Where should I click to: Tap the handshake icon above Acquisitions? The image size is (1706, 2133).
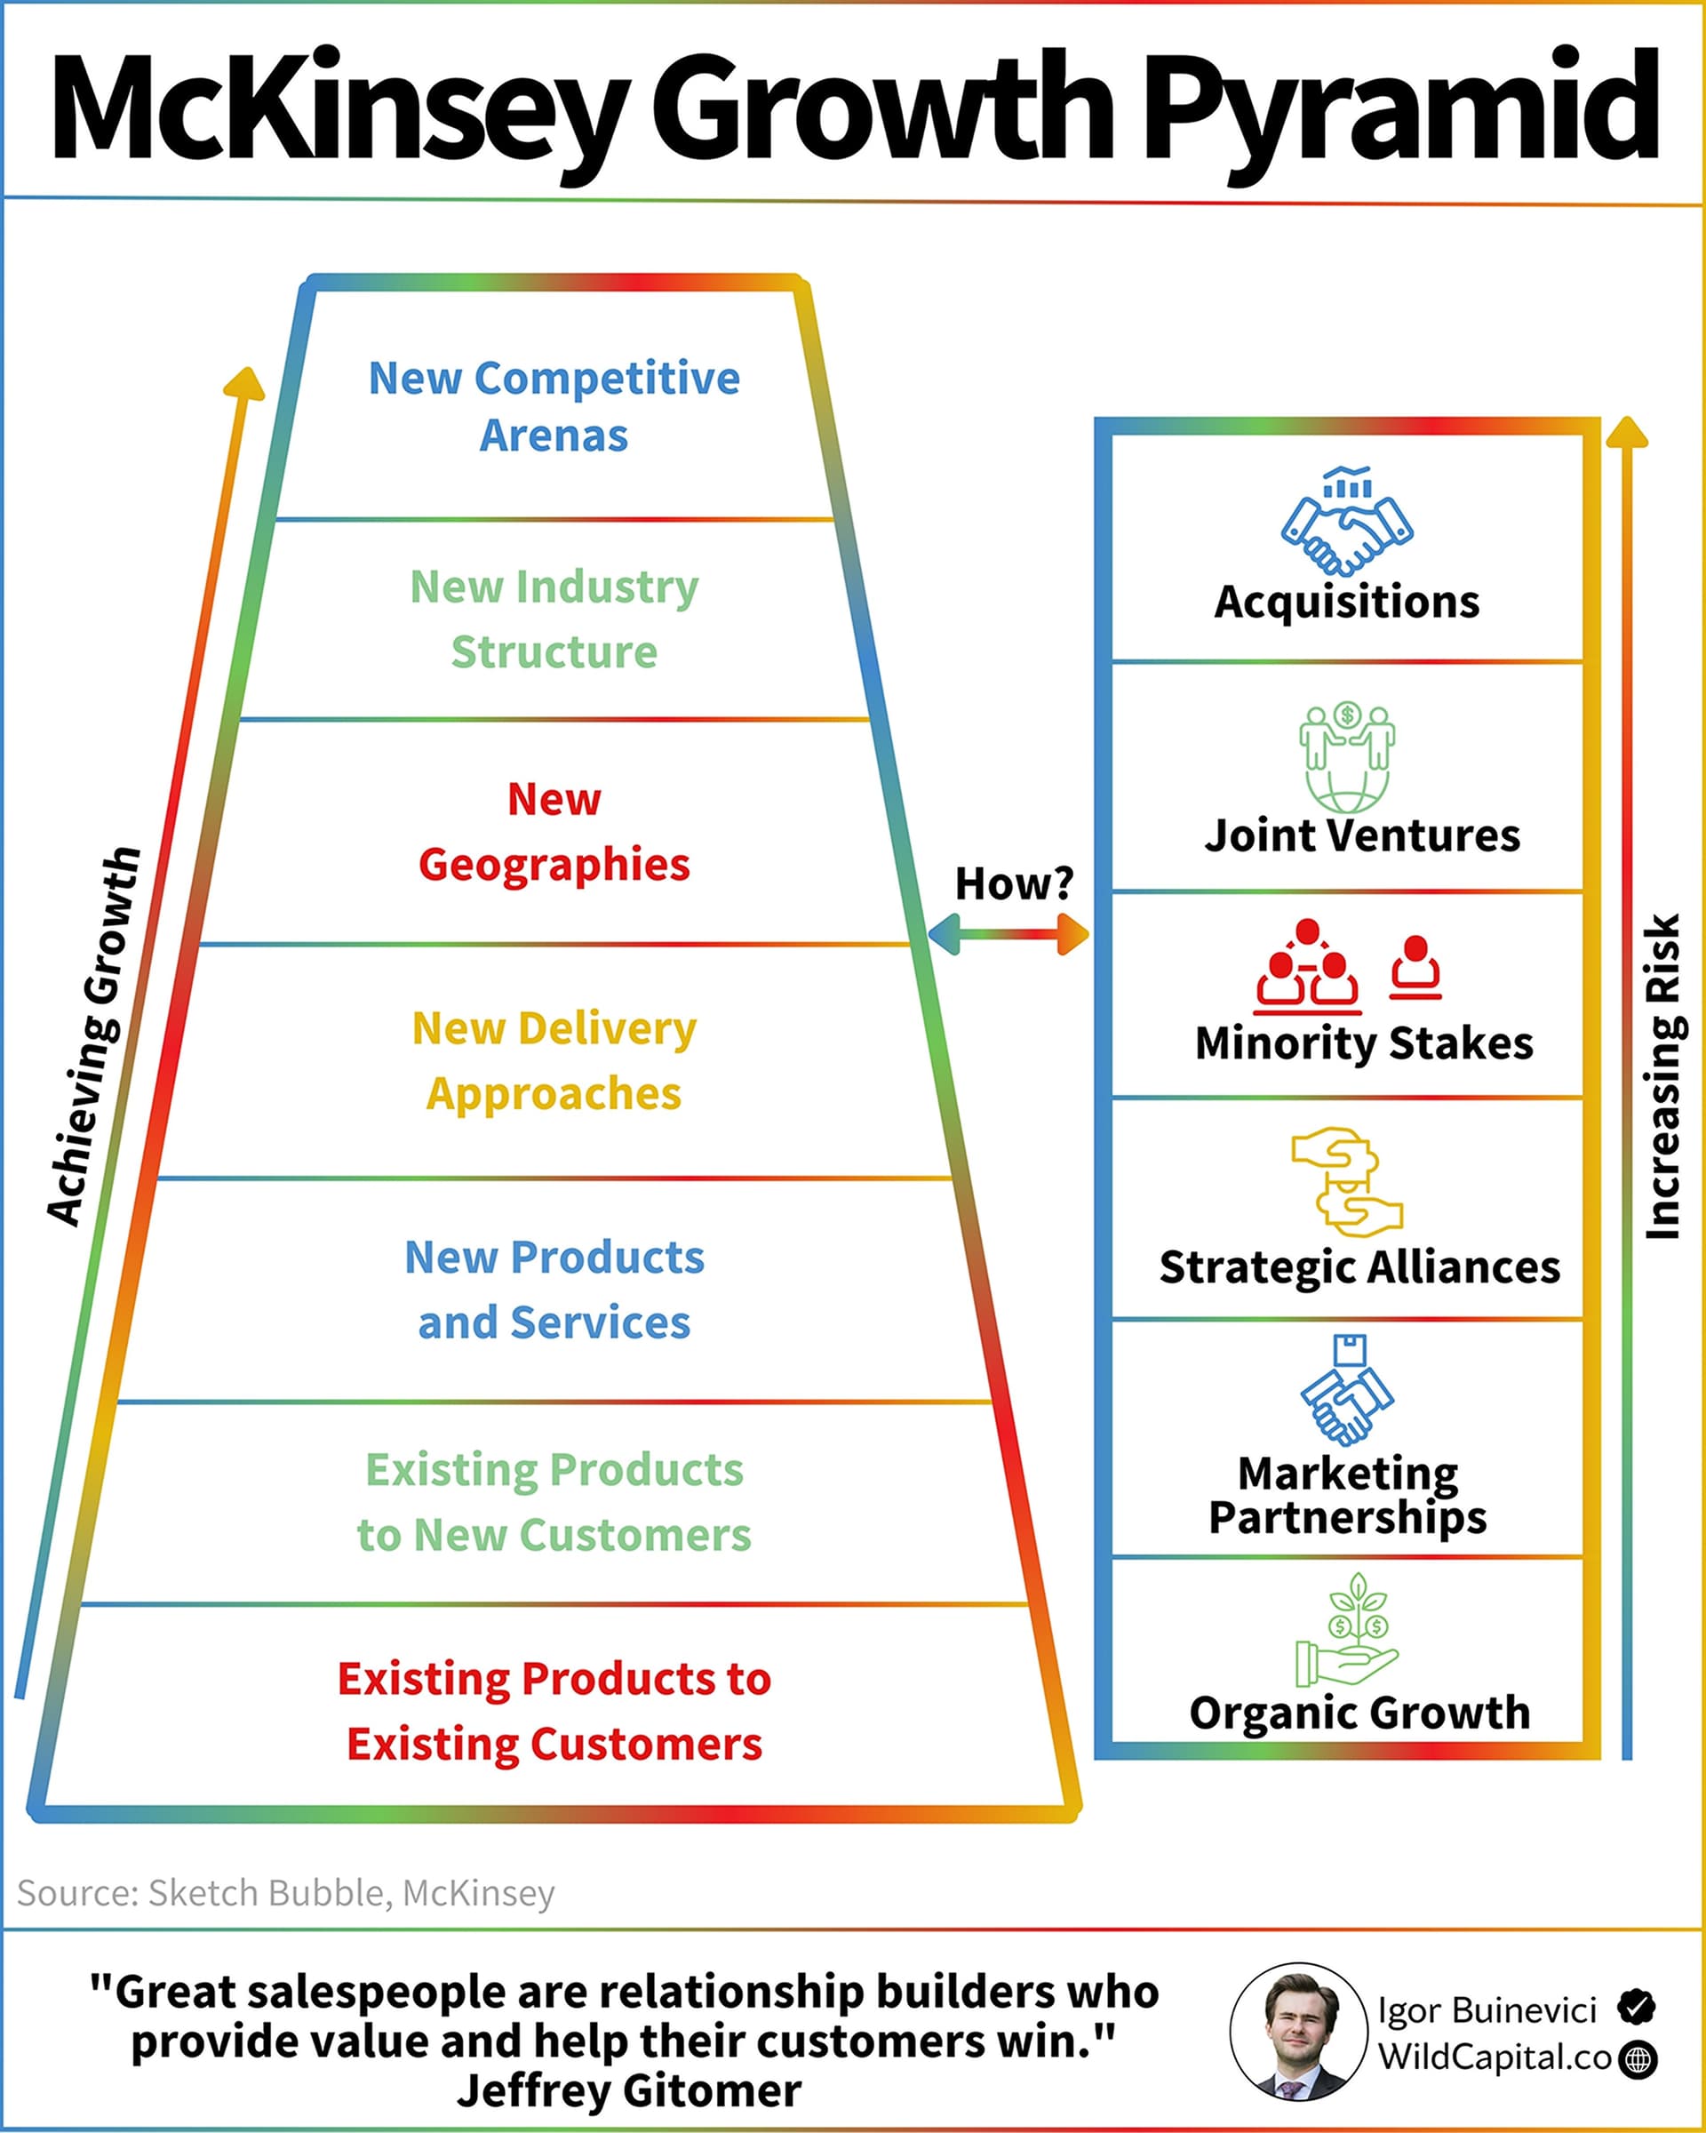[1347, 523]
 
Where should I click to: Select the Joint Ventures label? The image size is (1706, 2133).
[1362, 836]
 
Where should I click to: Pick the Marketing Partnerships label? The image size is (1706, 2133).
[1347, 1495]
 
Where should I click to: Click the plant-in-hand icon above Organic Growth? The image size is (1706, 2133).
[1347, 1632]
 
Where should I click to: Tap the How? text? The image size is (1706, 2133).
[1014, 883]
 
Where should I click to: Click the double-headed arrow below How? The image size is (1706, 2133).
[1008, 934]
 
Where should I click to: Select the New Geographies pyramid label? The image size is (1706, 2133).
[554, 832]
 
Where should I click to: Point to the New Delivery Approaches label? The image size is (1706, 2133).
[554, 1061]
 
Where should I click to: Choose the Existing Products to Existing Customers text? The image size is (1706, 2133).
[554, 1711]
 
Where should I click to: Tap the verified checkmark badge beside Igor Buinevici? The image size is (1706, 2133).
[1637, 2008]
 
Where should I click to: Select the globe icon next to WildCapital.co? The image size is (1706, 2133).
[1638, 2060]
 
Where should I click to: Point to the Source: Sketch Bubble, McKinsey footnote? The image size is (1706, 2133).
[286, 1892]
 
